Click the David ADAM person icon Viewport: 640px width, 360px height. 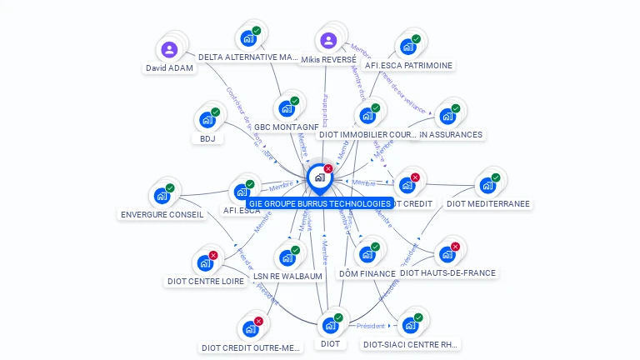coord(170,50)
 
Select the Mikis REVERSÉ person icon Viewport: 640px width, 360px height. coord(328,40)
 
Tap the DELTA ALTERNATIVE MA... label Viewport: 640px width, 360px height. coord(248,57)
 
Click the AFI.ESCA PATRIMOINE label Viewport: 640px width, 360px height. coord(408,65)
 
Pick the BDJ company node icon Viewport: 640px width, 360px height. coord(207,120)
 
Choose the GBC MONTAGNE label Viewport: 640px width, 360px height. coord(286,127)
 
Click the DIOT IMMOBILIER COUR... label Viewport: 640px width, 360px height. coord(367,134)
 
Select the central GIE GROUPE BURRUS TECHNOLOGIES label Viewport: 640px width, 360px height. coord(320,203)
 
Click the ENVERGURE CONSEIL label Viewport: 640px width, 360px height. coord(162,214)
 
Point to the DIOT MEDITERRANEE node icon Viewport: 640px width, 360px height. coord(487,185)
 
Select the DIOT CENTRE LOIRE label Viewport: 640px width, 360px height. coord(206,281)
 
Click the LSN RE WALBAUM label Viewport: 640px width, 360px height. coord(287,276)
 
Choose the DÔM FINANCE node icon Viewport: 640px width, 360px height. coord(367,254)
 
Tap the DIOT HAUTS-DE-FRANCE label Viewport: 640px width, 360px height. coord(447,272)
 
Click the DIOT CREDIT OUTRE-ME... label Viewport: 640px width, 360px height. coord(251,347)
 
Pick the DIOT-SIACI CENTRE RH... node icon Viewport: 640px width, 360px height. coord(410,325)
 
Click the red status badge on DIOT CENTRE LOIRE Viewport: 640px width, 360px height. coord(213,256)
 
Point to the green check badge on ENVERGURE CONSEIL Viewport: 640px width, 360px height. coord(170,188)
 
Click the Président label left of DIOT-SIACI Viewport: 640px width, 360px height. coord(371,326)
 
